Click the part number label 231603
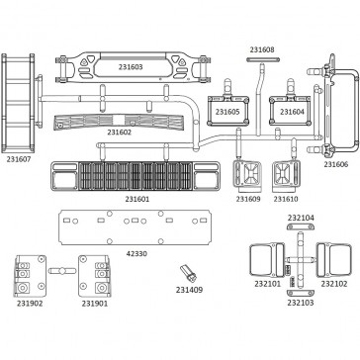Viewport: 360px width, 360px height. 131,67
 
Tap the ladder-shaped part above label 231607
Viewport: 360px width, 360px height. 18,103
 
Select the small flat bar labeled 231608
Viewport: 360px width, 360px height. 263,59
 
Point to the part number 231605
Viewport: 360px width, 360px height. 227,112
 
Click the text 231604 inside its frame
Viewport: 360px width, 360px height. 293,112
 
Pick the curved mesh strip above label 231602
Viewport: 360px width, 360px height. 119,122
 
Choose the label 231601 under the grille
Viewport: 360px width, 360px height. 137,199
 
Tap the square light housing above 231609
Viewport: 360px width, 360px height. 247,176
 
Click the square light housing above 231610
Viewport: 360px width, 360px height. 286,176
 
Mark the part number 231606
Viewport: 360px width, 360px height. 336,164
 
